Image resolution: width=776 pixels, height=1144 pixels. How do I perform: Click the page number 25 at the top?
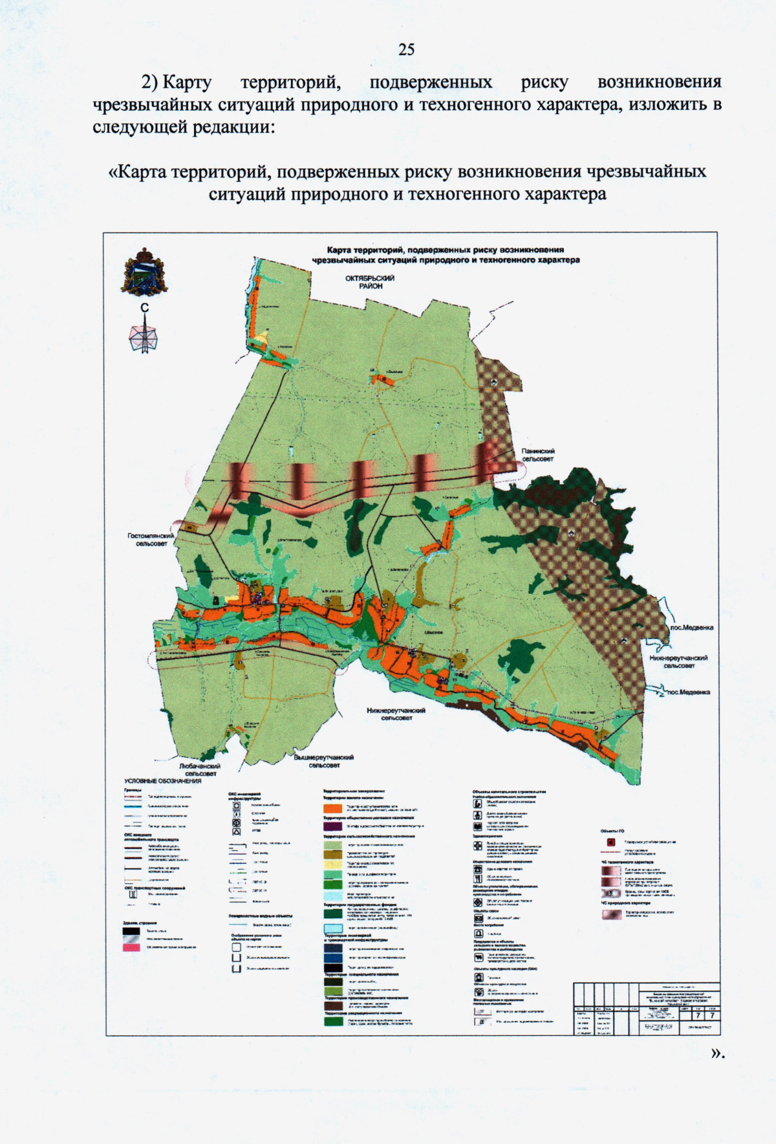(x=406, y=49)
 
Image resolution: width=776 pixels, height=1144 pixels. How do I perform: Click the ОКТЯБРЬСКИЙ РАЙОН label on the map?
(x=370, y=281)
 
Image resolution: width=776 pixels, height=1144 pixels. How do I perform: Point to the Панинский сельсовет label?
(x=539, y=455)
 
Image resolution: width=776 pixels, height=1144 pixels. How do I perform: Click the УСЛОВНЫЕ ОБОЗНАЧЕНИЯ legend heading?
(x=163, y=781)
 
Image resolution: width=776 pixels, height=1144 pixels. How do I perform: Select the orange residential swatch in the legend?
(x=332, y=808)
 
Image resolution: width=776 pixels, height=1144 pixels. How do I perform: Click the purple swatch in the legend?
(x=332, y=826)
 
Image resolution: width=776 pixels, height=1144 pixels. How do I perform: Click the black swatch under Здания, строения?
(x=131, y=931)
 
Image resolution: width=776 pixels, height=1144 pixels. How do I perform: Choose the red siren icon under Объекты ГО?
(x=609, y=842)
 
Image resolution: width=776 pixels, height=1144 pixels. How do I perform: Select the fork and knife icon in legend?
(x=479, y=879)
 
